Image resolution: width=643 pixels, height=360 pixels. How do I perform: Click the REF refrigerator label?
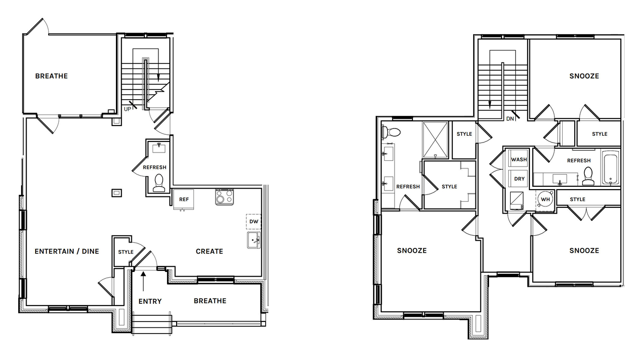click(x=184, y=200)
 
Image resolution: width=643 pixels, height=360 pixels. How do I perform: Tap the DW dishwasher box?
click(x=254, y=221)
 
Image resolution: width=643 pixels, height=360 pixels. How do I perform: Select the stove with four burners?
click(x=224, y=197)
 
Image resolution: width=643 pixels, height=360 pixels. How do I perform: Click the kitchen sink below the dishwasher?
click(x=254, y=240)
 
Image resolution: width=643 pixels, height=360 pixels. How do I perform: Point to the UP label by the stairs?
click(x=128, y=109)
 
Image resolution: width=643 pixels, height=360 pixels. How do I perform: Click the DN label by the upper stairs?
click(x=510, y=118)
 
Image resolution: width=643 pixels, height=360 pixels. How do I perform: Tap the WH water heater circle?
click(x=545, y=199)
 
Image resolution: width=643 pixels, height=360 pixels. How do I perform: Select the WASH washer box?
click(x=519, y=158)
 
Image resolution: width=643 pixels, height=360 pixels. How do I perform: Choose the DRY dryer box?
click(x=519, y=179)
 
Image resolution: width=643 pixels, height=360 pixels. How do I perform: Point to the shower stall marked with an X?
click(x=435, y=140)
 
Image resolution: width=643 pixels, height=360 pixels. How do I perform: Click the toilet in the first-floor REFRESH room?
click(x=159, y=183)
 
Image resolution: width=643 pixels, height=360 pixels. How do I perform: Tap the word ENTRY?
click(x=150, y=301)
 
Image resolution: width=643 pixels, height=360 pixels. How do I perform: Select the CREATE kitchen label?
click(x=209, y=252)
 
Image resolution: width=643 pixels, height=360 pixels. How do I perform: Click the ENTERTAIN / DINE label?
click(x=67, y=252)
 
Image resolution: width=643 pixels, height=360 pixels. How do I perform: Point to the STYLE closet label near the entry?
click(x=126, y=252)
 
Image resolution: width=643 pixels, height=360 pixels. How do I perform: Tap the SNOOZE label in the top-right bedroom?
click(x=584, y=76)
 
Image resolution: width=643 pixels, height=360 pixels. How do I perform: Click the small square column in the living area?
click(x=116, y=193)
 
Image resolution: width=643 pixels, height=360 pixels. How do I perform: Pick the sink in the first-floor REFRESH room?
click(x=159, y=148)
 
